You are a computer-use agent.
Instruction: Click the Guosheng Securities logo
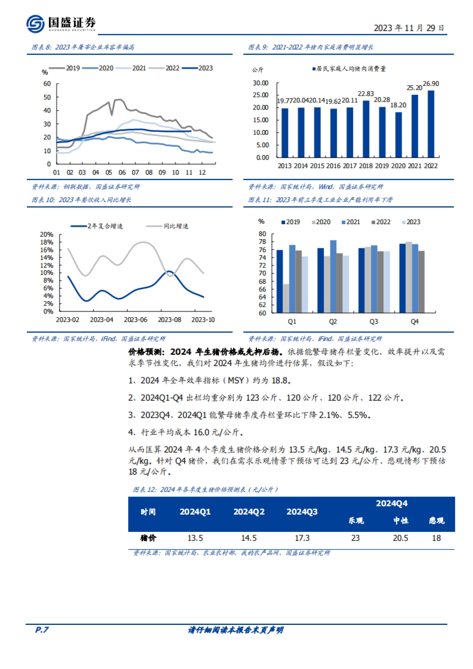tap(61, 24)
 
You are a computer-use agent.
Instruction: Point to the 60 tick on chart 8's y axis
tap(47, 84)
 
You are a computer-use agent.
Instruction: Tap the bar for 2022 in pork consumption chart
tap(431, 124)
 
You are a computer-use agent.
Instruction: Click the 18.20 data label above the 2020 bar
tap(398, 105)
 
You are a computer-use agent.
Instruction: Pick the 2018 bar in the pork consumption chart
tap(366, 129)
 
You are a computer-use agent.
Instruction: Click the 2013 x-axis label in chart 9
tap(285, 166)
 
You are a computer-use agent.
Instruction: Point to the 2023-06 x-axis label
tap(136, 320)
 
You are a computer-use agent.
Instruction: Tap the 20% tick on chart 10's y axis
tap(47, 234)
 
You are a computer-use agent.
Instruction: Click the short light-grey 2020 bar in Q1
tap(286, 298)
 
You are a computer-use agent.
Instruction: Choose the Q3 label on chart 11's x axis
tap(374, 321)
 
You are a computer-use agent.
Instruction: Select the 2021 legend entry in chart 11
tap(351, 222)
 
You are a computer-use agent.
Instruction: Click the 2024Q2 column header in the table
tap(249, 512)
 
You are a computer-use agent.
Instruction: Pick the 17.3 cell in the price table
tap(302, 538)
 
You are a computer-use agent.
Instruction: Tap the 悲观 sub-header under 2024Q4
tap(436, 521)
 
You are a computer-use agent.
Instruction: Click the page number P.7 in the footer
tap(42, 630)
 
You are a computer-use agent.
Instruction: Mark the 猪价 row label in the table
tap(148, 538)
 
